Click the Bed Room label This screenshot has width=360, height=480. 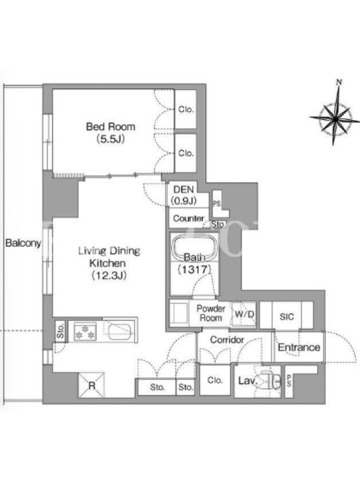click(x=110, y=133)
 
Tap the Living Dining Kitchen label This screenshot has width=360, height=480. click(x=109, y=263)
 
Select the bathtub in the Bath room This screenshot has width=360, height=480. click(x=194, y=247)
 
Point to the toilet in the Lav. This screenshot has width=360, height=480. click(x=271, y=380)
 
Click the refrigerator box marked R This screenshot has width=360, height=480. click(x=92, y=385)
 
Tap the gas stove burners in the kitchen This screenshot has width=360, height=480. click(x=85, y=332)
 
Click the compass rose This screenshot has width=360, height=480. click(x=336, y=116)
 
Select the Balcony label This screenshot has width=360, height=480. click(x=23, y=243)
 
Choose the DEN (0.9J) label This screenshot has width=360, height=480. click(x=184, y=195)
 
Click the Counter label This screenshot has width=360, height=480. click(x=188, y=218)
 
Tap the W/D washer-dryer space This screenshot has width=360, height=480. click(x=244, y=314)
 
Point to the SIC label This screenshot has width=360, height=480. click(x=287, y=317)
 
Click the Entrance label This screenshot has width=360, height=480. click(x=299, y=347)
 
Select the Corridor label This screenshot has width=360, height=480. click(x=227, y=340)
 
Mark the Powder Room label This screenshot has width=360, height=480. click(x=211, y=313)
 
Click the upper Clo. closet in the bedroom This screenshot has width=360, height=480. click(x=185, y=109)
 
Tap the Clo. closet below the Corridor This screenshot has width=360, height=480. click(x=215, y=380)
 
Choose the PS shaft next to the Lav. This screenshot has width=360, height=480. click(x=289, y=381)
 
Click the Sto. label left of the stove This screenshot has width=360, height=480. click(x=61, y=331)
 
